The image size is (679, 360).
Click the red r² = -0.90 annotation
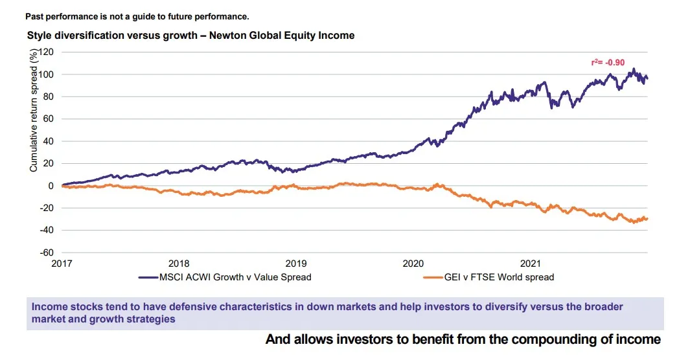607,63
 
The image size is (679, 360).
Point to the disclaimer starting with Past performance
137,16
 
